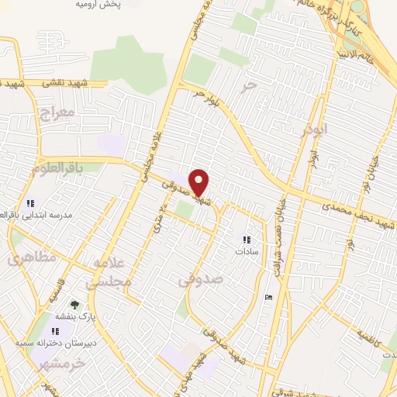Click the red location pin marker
click(x=199, y=182)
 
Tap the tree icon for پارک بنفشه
click(x=74, y=305)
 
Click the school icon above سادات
click(x=247, y=240)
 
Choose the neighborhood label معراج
click(x=54, y=115)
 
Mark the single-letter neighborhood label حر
click(x=247, y=87)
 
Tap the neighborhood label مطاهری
click(x=27, y=259)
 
